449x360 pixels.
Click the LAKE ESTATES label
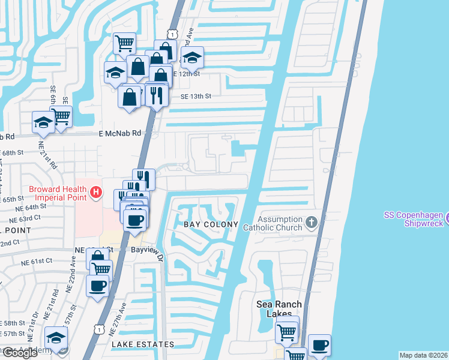tap(142, 344)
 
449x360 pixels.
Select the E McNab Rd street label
tap(119, 134)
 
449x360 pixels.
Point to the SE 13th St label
tap(196, 96)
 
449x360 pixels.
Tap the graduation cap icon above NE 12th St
tap(192, 58)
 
